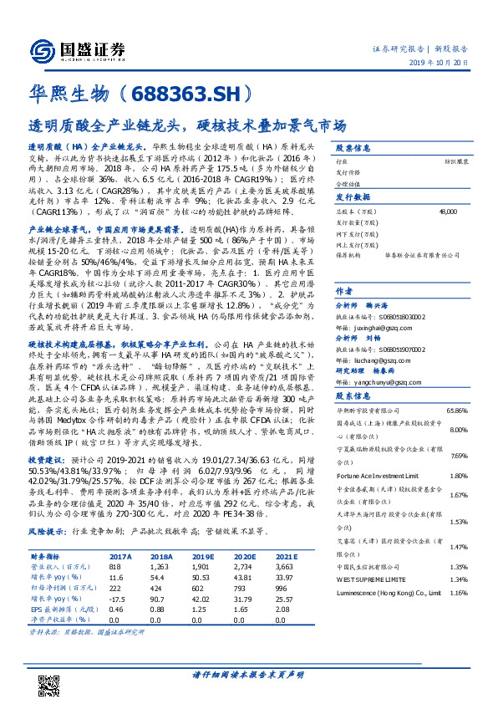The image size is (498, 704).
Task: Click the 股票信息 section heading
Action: [351, 145]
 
